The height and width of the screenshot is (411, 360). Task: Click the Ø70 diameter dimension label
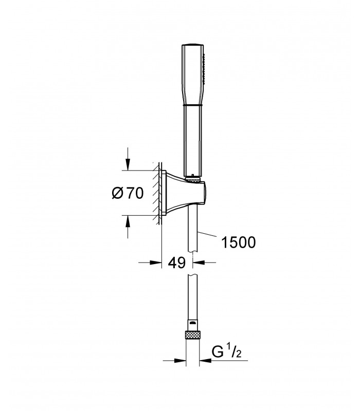[128, 194]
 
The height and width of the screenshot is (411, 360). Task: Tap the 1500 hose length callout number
[239, 242]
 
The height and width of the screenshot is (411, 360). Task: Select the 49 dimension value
[176, 263]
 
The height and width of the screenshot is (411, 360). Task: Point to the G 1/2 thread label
[226, 351]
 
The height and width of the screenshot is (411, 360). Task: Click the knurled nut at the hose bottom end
[192, 335]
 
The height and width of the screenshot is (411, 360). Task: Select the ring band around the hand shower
[192, 105]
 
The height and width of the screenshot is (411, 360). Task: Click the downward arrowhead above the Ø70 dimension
[128, 164]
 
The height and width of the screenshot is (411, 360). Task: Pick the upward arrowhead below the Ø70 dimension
[128, 222]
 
